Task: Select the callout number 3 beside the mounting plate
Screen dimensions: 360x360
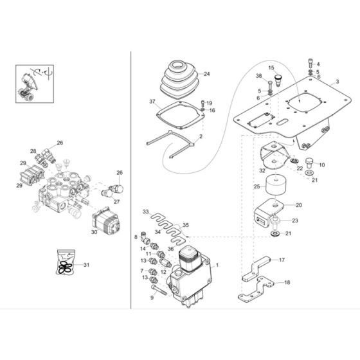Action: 337,83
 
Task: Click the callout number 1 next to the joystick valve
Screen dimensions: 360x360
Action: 217,265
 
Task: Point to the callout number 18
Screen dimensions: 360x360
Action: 287,282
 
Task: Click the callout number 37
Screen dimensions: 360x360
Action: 152,102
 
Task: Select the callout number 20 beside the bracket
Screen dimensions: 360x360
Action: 298,205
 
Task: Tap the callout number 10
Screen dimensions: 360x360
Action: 321,165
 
